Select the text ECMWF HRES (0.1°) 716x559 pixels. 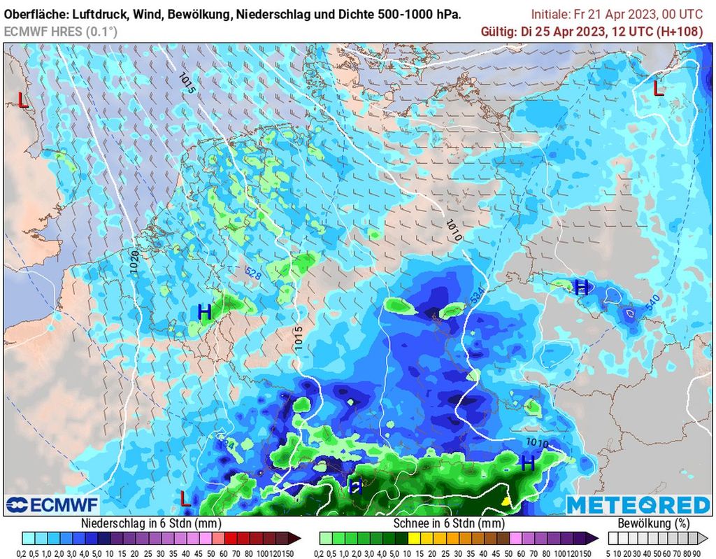coord(61,31)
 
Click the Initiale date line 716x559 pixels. coord(617,13)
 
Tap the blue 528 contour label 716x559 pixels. coord(252,274)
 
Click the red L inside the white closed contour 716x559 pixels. coord(658,89)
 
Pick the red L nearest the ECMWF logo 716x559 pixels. coord(185,498)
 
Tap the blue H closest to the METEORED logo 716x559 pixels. coord(528,462)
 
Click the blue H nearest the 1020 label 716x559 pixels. coord(204,312)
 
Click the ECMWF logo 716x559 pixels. coord(52,504)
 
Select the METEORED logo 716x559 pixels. coord(638,504)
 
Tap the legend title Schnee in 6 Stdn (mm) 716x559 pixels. coord(448,523)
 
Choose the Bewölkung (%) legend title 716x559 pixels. coord(652,523)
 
